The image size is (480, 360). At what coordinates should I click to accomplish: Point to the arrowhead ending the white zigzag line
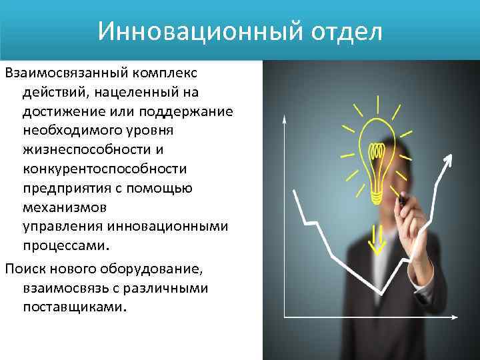pos(449,159)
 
